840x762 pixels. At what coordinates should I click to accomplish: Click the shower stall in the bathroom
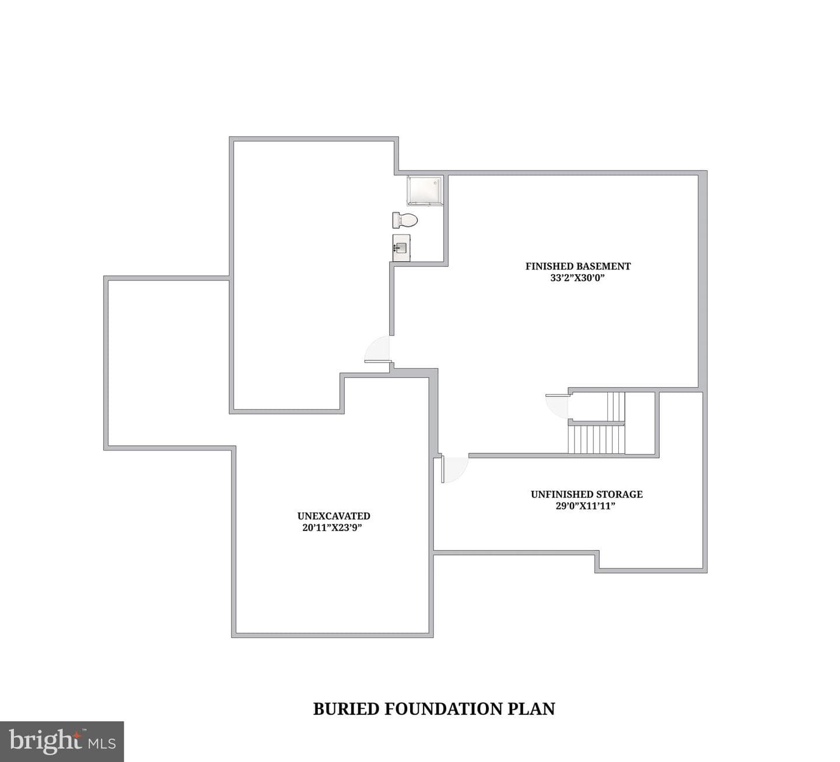tap(425, 191)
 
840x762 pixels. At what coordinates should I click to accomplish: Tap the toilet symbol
tap(405, 220)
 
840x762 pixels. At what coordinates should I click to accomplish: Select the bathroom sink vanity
tap(401, 248)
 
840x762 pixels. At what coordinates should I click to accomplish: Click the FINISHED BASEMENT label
tap(578, 266)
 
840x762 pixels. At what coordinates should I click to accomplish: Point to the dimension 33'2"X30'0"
tap(578, 278)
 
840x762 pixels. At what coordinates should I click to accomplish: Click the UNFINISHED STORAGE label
tap(587, 494)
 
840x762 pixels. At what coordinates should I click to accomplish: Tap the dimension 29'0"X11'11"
tap(586, 506)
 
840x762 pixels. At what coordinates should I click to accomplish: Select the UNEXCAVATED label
tap(334, 516)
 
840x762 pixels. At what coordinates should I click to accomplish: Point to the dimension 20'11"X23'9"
tap(332, 528)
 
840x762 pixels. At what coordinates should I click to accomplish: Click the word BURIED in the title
tap(346, 709)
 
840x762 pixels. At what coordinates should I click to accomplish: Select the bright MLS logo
tap(62, 741)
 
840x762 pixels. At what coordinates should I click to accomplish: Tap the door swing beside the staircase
tap(557, 406)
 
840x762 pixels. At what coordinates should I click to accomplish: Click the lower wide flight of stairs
tap(596, 439)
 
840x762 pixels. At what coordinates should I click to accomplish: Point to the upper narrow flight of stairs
tap(616, 407)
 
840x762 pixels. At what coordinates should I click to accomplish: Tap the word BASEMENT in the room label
tap(603, 266)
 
